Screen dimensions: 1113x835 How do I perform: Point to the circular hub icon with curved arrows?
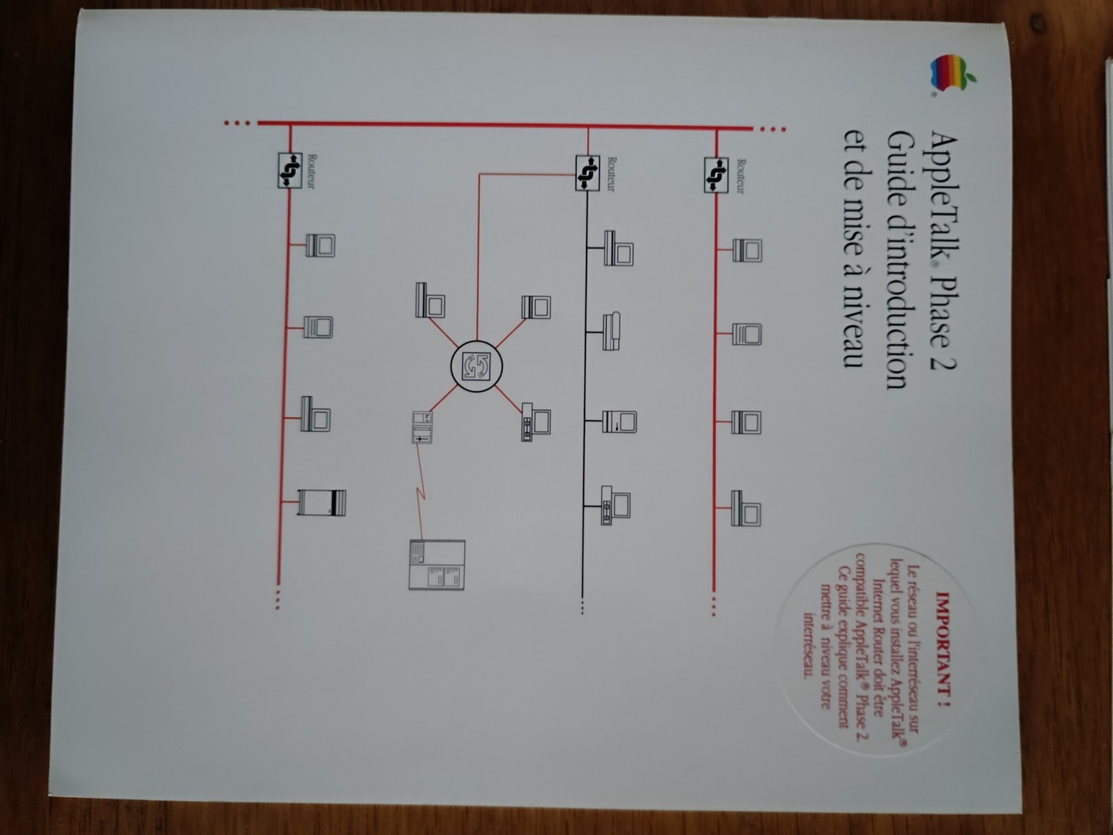[x=476, y=366]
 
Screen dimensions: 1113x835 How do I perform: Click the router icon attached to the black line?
[x=587, y=174]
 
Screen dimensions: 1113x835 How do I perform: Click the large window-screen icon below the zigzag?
[x=437, y=565]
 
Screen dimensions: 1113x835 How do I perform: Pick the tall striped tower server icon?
[x=321, y=502]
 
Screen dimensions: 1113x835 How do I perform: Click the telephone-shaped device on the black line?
[x=611, y=331]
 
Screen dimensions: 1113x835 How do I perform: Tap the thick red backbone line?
[x=505, y=125]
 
